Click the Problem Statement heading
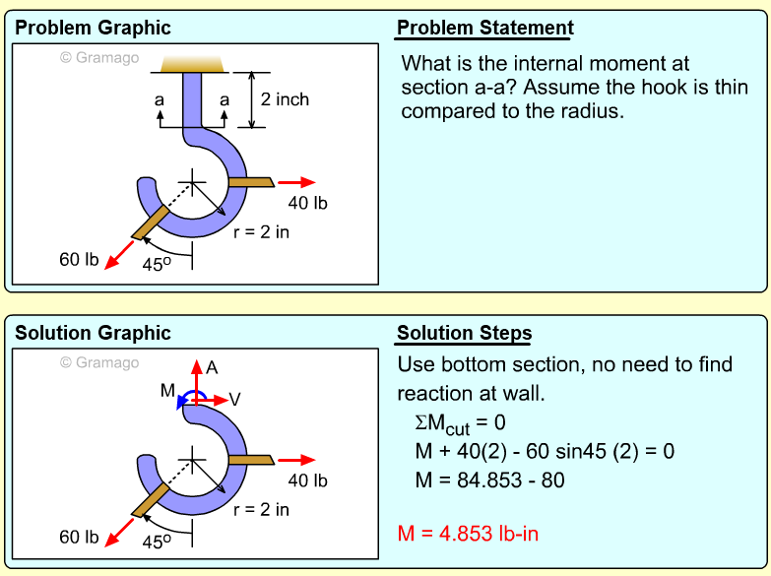coord(484,28)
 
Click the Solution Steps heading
coord(464,333)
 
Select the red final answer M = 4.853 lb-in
coord(468,534)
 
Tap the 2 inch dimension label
coord(285,99)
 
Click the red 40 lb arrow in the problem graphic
coord(296,182)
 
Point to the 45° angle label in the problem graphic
coord(159,264)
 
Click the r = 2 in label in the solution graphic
coord(261,509)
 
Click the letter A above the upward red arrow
coord(212,367)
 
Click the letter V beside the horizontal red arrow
coord(234,399)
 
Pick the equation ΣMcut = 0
coord(460,423)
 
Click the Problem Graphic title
coord(93,28)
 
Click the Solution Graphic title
coord(93,333)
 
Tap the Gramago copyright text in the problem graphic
coord(99,57)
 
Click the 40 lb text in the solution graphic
coord(307,480)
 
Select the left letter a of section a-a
coord(160,99)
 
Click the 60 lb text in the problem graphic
coord(79,260)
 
